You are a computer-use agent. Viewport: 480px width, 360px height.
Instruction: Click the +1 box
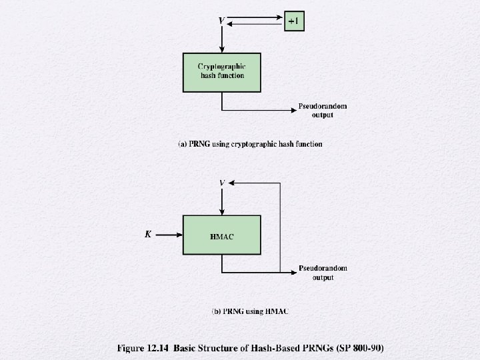point(294,21)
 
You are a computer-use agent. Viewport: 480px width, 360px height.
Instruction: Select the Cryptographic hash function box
point(222,72)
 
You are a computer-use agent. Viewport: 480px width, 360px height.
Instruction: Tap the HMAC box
point(222,235)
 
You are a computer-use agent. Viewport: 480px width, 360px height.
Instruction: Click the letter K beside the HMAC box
point(149,234)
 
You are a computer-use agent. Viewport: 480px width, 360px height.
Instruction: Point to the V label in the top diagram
point(222,21)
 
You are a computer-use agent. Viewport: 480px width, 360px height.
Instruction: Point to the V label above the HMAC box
point(222,182)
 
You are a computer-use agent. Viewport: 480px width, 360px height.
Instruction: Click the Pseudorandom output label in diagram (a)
point(323,111)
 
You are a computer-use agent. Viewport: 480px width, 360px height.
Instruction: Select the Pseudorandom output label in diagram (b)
point(323,273)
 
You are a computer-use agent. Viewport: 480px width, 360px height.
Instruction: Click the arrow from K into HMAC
point(170,234)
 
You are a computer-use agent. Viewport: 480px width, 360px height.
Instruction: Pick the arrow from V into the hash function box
point(222,39)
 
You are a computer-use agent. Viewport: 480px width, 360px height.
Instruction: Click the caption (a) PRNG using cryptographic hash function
point(250,144)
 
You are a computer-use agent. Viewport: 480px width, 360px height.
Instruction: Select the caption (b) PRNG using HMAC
point(250,311)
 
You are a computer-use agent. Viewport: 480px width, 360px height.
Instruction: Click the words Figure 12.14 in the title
point(143,348)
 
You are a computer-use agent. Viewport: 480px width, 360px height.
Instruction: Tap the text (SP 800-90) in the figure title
point(360,348)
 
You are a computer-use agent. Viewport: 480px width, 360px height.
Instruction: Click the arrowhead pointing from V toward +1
point(281,17)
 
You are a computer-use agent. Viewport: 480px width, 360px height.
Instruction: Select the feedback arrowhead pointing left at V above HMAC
point(233,182)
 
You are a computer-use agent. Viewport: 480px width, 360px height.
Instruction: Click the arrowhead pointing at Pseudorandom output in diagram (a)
point(294,109)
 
